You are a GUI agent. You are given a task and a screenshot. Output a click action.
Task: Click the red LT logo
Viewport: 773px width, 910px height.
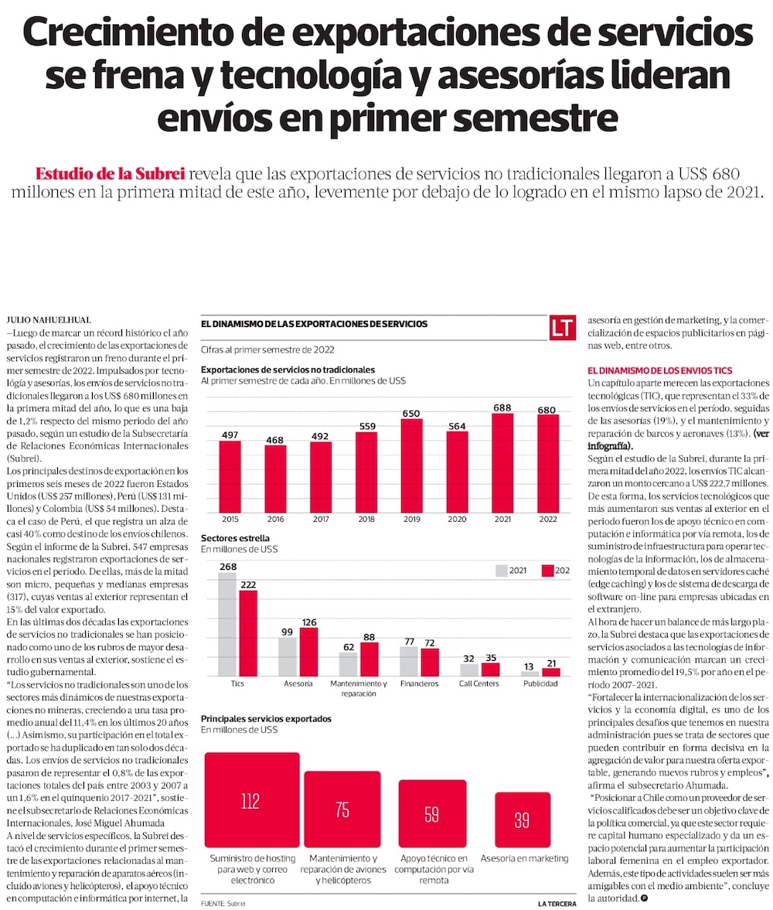point(562,326)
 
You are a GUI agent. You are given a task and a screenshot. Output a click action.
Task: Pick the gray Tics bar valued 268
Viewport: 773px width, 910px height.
point(227,613)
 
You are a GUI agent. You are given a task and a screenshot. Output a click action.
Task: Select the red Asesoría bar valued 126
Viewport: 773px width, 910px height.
point(308,641)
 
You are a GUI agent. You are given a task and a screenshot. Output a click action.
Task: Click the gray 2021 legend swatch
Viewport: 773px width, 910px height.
point(501,571)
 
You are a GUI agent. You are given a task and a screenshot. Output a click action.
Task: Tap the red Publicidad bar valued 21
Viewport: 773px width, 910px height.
point(550,672)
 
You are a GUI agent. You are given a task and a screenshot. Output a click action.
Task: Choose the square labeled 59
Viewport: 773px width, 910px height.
point(431,813)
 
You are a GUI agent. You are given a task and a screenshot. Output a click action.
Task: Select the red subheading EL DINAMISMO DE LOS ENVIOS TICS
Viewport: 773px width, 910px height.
point(659,371)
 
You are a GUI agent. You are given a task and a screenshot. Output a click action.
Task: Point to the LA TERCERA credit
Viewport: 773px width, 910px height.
point(557,902)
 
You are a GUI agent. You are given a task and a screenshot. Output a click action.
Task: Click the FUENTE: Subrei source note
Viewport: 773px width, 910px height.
point(225,902)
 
